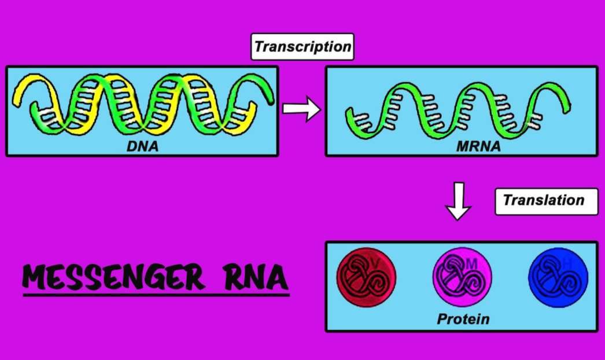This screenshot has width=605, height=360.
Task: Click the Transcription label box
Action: [302, 47]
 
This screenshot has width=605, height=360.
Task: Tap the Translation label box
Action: [543, 201]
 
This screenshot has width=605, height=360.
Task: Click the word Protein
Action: [463, 319]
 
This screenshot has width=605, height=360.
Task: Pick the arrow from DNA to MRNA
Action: [301, 108]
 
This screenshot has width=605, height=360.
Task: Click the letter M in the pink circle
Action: [471, 264]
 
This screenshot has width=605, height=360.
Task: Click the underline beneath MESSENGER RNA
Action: [156, 295]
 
